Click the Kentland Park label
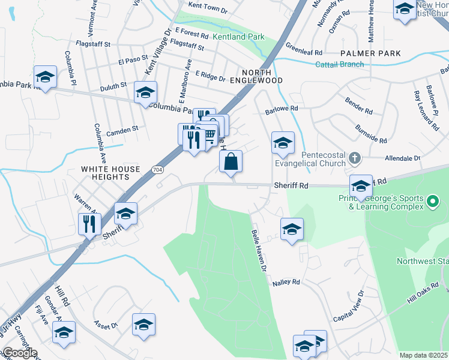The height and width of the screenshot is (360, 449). [238, 37]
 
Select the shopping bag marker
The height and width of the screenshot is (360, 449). [231, 161]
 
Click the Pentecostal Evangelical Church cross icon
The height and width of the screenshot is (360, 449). [354, 158]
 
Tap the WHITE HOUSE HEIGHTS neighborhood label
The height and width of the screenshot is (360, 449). [110, 174]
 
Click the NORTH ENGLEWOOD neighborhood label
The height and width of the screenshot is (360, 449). [262, 76]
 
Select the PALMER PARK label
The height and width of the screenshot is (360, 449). [370, 54]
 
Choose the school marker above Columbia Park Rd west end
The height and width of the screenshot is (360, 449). [45, 77]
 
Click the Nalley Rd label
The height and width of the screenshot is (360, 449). [285, 282]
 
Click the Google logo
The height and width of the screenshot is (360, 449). [19, 353]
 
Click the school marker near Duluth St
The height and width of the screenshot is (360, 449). [145, 93]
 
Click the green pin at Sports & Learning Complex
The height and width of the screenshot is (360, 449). [430, 205]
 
